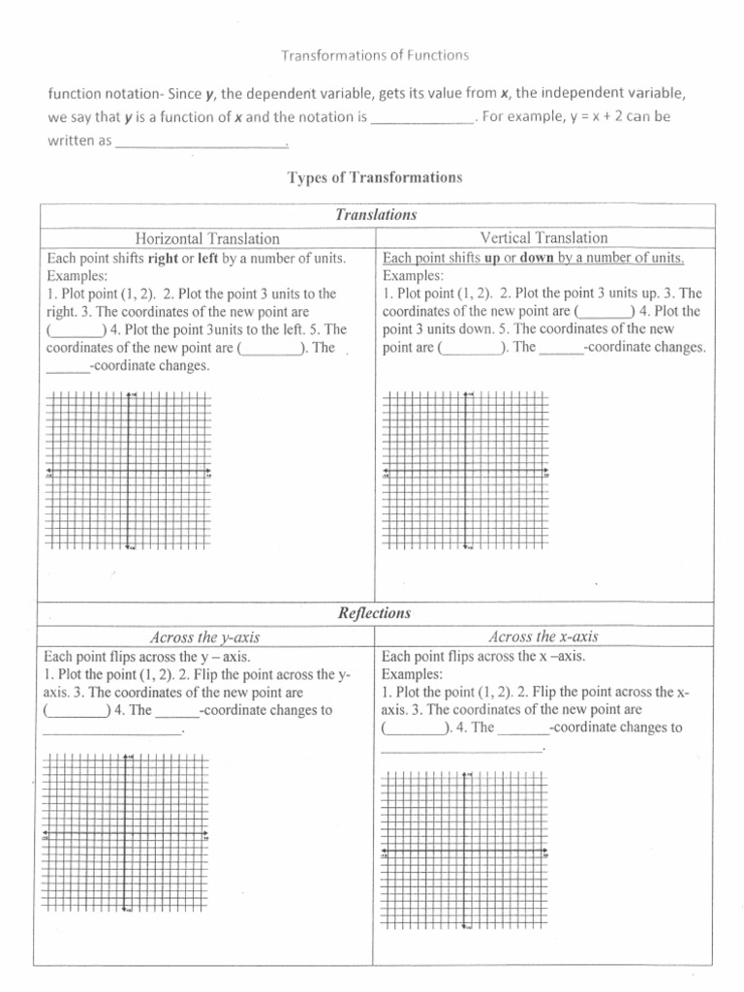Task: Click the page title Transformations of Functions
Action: click(x=374, y=55)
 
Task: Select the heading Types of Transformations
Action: click(x=375, y=177)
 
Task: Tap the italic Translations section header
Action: click(x=375, y=215)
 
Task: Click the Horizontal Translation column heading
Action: click(x=207, y=238)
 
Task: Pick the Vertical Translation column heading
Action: click(x=543, y=237)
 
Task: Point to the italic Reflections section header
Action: click(x=374, y=613)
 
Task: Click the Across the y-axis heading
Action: click(x=204, y=637)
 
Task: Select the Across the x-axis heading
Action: click(x=543, y=636)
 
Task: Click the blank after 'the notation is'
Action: click(x=422, y=118)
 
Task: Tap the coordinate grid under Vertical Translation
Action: click(x=466, y=472)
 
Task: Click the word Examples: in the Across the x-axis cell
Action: click(x=412, y=674)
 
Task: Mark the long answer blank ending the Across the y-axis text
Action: click(x=112, y=730)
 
